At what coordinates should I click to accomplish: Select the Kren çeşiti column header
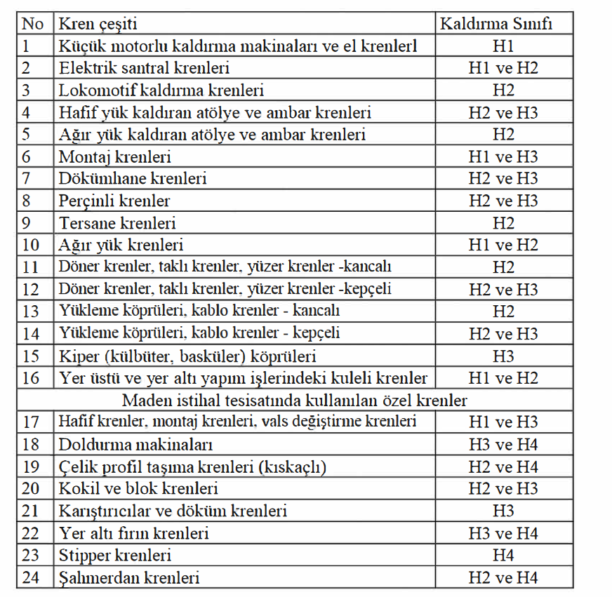point(98,24)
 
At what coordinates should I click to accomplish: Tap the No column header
point(32,24)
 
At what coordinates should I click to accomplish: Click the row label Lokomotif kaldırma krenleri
point(161,90)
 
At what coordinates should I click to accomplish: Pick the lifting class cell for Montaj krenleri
point(503,157)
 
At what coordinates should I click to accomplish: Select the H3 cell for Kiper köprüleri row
point(503,356)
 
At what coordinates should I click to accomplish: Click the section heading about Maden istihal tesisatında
point(295,401)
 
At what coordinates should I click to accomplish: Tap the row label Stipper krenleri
point(116,556)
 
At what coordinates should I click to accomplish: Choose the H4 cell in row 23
point(503,556)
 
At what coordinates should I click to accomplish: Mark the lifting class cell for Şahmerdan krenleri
point(503,578)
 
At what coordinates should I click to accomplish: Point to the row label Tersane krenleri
point(118,223)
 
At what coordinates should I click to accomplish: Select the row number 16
point(31,378)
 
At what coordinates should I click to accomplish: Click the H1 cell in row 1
point(503,46)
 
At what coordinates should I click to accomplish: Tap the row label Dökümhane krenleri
point(133,179)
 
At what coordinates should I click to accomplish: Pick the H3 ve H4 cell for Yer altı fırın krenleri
point(503,534)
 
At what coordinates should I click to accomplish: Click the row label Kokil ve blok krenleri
point(139,489)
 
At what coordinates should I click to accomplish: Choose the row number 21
point(31,511)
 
